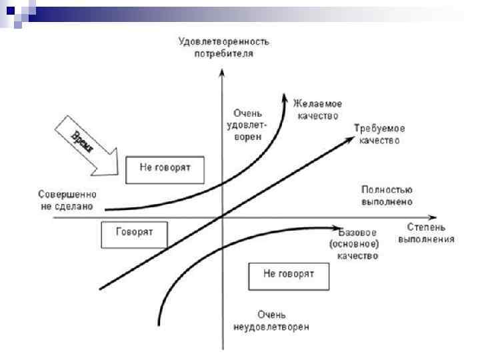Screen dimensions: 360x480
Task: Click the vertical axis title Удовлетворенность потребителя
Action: pos(223,47)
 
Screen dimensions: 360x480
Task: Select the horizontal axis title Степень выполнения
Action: pos(427,234)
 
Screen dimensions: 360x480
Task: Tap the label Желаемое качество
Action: pos(318,110)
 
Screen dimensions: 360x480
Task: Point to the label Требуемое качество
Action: pos(379,134)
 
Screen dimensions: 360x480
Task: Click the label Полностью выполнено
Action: pos(386,195)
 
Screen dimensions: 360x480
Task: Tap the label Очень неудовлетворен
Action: pos(271,320)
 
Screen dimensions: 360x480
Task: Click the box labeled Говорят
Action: pos(134,233)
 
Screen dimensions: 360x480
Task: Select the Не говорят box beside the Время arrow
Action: pos(165,169)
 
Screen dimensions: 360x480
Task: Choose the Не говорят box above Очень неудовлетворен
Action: pos(288,275)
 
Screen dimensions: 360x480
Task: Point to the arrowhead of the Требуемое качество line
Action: pos(351,138)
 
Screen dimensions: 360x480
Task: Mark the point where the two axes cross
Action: pos(221,218)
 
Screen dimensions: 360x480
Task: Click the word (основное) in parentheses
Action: pos(353,244)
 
